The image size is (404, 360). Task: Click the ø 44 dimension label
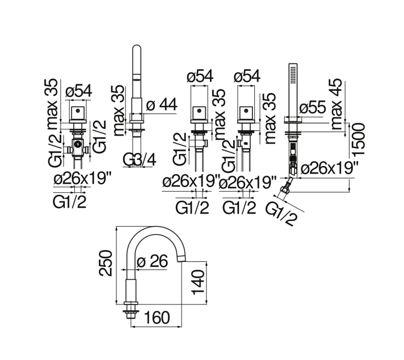point(162,104)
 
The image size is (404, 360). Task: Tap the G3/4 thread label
point(140,160)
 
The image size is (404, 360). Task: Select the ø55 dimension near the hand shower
point(313,107)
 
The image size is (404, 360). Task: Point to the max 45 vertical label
point(336,104)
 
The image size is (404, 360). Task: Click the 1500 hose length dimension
point(359,139)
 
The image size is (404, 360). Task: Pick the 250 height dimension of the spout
point(106,263)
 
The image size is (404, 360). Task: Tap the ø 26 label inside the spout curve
point(152,261)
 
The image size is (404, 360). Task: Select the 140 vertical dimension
point(198,282)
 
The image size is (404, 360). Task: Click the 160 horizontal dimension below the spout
point(157,317)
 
